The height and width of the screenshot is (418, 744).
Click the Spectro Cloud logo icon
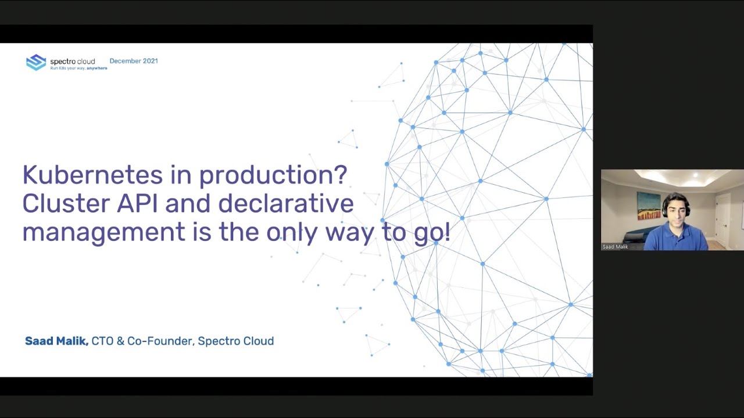tap(36, 62)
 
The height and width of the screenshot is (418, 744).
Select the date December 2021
tap(134, 61)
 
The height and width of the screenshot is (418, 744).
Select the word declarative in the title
tap(285, 204)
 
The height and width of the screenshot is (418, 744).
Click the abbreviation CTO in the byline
tap(102, 341)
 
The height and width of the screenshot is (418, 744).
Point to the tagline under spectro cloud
tap(78, 69)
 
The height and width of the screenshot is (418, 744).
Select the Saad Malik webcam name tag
tap(615, 247)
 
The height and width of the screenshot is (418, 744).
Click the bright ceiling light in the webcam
tap(695, 175)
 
